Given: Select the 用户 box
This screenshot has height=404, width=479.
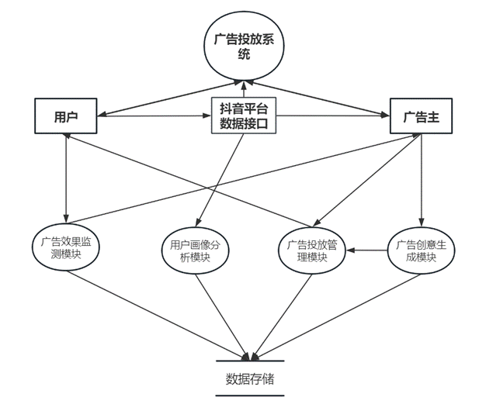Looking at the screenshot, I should [x=65, y=116].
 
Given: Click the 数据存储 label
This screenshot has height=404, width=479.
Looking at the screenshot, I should [x=250, y=379].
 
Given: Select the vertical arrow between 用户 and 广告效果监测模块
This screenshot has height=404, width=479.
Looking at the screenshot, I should [x=67, y=178].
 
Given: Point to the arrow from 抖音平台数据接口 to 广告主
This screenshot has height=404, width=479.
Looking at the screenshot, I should [x=334, y=116].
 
